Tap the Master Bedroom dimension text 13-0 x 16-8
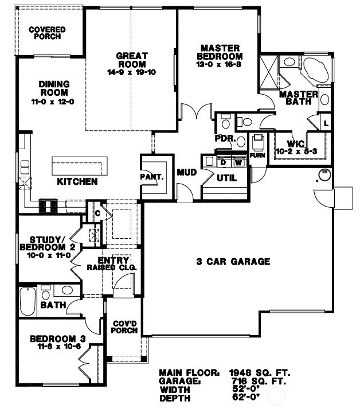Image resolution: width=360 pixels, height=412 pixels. tap(219, 67)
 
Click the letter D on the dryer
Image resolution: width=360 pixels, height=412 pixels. tap(223, 163)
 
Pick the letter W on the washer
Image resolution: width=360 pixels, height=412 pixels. tap(237, 163)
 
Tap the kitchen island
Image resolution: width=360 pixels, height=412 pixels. tap(80, 166)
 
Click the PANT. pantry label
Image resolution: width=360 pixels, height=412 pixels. tap(152, 177)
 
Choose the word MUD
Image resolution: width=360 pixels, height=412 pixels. tap(187, 172)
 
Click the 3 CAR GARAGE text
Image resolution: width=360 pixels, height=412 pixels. tap(233, 262)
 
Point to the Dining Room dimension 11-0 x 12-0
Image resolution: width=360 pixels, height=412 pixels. tap(53, 102)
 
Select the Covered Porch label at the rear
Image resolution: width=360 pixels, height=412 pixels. tap(47, 33)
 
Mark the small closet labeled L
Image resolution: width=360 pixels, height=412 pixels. tap(326, 123)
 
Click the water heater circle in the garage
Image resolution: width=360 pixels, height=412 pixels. tap(323, 174)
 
